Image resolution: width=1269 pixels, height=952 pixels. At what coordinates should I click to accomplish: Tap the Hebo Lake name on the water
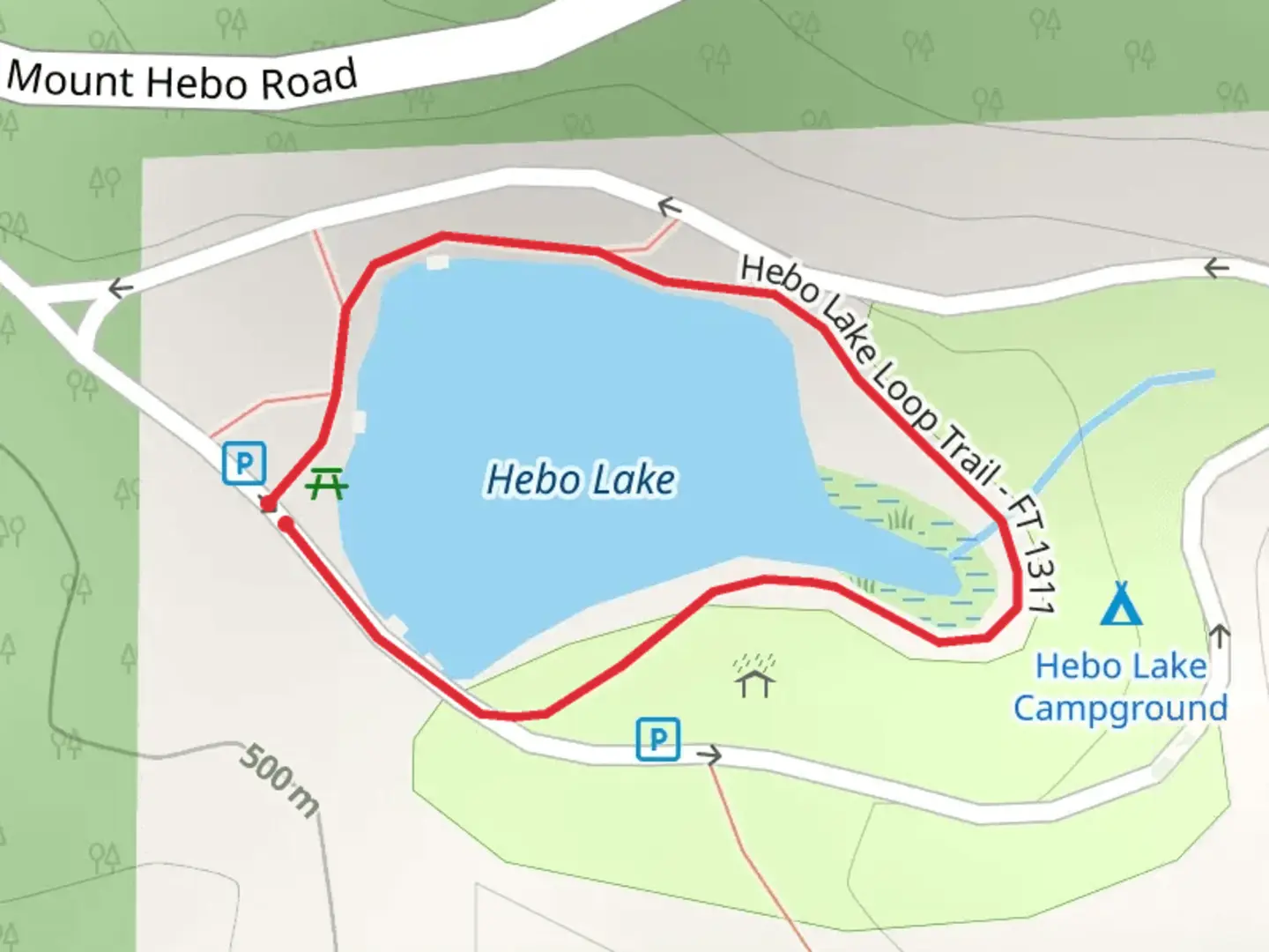click(x=581, y=480)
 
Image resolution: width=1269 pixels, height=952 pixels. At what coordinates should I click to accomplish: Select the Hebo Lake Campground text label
click(x=1120, y=687)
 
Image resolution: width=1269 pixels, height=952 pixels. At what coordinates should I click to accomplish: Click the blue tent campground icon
click(x=1121, y=604)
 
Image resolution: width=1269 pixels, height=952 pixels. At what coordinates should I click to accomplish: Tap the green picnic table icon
click(x=327, y=484)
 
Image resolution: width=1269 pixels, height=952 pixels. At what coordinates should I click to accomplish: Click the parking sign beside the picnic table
click(x=244, y=463)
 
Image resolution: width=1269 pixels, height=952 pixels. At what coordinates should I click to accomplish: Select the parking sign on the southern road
click(x=658, y=739)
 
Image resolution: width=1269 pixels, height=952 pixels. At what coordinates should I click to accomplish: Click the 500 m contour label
click(x=281, y=778)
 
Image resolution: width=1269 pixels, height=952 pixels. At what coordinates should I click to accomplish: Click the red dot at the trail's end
click(x=286, y=524)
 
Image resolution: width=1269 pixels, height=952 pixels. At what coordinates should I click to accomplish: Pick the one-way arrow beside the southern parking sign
click(x=709, y=755)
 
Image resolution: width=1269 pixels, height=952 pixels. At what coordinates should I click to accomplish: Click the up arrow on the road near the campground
click(x=1220, y=635)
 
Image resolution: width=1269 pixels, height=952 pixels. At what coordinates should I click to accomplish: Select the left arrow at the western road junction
click(x=120, y=287)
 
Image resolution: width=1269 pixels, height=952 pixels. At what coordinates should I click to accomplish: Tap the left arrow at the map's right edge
click(x=1217, y=268)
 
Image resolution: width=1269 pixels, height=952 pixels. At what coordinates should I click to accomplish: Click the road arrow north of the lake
click(x=670, y=208)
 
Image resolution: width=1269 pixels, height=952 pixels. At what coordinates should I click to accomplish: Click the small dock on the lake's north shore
click(x=437, y=262)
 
